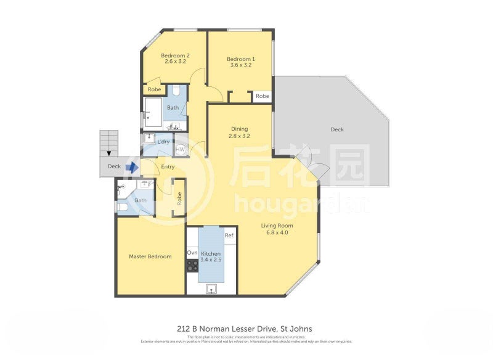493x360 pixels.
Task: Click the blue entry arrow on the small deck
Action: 131,166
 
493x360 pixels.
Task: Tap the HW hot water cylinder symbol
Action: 181,149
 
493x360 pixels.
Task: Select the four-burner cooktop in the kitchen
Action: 192,266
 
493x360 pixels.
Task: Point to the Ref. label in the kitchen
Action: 229,235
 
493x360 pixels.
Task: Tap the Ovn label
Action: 192,253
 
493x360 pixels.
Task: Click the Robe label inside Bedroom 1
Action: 263,96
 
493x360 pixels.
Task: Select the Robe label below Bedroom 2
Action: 154,89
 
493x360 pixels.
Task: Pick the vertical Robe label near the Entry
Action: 179,198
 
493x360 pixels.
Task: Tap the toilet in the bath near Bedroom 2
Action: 176,92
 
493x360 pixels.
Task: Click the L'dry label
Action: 163,142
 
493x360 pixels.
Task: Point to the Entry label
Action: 167,167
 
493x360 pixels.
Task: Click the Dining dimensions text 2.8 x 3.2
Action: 239,136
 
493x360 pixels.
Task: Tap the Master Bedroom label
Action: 150,256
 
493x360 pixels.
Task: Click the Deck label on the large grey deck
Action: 336,129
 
